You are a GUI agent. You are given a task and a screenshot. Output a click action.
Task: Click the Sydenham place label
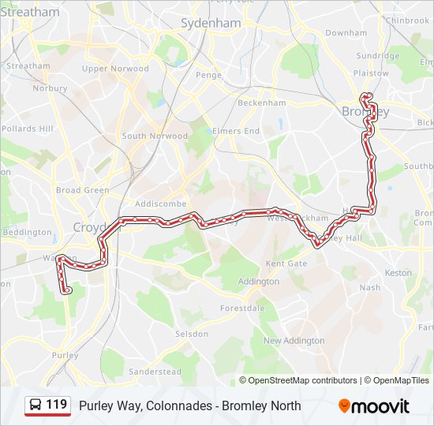(211, 24)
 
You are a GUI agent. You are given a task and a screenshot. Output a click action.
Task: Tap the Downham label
(346, 33)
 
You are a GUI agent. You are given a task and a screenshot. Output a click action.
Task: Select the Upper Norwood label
(115, 69)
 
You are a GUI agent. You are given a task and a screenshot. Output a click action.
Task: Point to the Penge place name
(209, 75)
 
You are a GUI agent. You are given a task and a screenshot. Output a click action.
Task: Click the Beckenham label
(261, 103)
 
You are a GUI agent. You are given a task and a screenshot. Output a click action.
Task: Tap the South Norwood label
(155, 136)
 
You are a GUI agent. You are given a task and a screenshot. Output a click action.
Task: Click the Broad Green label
(82, 190)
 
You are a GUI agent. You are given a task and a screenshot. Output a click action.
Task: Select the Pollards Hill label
(28, 129)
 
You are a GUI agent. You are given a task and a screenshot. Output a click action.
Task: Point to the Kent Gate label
(286, 263)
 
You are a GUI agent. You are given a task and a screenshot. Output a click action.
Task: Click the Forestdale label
(241, 308)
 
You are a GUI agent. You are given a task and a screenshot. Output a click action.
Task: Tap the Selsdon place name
(192, 334)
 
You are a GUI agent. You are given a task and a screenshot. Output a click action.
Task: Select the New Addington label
(294, 341)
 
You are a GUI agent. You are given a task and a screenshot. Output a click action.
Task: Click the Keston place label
(398, 273)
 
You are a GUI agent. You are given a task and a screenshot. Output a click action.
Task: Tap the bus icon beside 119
(36, 405)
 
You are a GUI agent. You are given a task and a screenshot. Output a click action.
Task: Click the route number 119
(56, 405)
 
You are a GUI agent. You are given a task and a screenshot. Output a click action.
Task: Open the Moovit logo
(374, 406)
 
